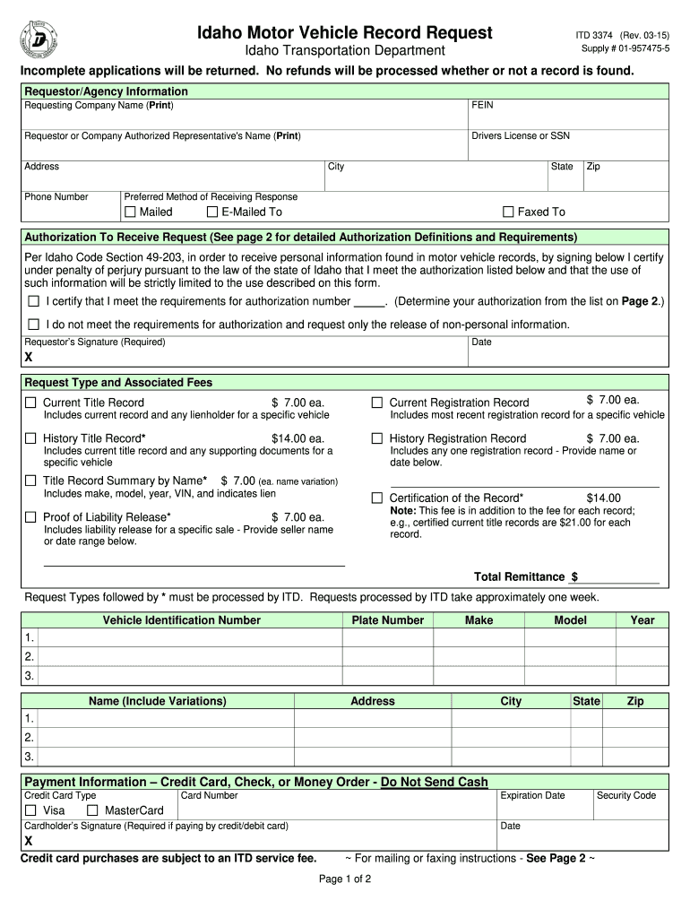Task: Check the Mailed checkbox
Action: point(130,212)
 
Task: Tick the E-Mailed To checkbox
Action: point(212,212)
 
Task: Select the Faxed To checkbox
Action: point(508,212)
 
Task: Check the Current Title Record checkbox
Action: point(31,403)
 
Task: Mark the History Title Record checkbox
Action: point(31,438)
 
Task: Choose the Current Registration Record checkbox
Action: point(377,403)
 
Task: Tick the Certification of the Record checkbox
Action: point(377,498)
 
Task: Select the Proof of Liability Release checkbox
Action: point(31,517)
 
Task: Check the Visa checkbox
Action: point(31,811)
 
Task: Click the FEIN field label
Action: point(482,106)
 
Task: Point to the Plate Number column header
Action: point(388,620)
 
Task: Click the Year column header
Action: point(642,620)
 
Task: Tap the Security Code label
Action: point(625,795)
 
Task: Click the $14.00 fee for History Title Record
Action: point(298,438)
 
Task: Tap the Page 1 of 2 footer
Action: point(345,879)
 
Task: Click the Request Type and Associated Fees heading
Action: point(118,383)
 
